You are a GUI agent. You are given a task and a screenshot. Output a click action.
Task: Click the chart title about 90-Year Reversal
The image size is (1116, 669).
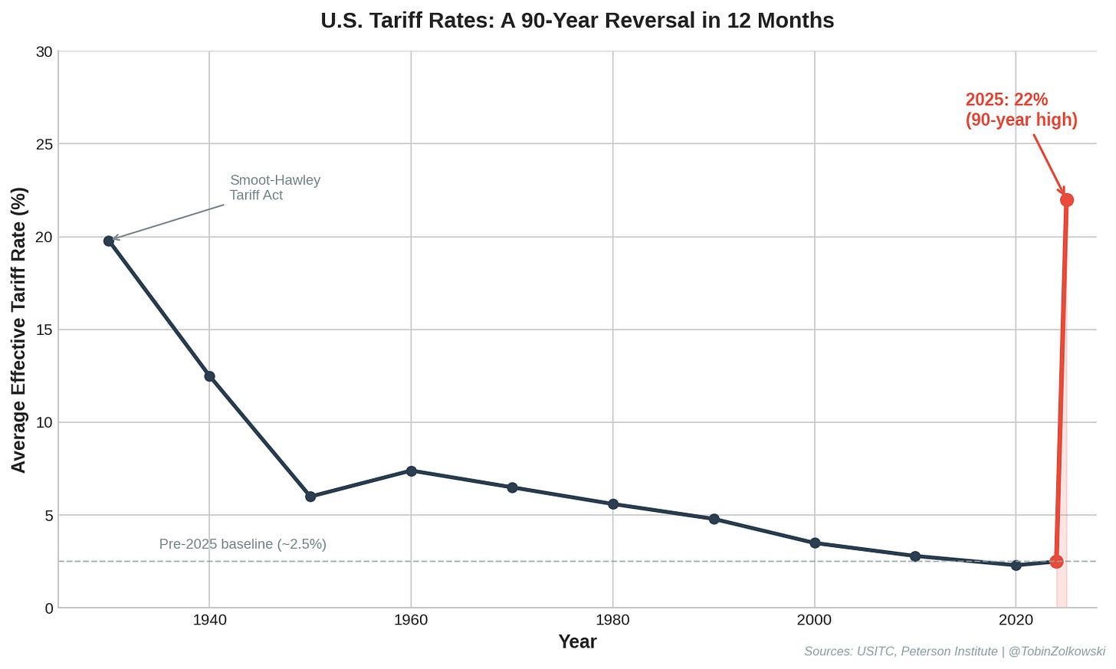coord(576,20)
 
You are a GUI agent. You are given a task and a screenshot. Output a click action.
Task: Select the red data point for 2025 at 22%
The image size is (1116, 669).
coord(1066,200)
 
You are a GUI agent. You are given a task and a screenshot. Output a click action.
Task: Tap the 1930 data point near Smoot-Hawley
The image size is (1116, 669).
coord(109,241)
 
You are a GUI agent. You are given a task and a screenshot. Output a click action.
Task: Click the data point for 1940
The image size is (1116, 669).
coord(209,376)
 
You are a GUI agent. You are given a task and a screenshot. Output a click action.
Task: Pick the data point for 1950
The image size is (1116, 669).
coord(310,497)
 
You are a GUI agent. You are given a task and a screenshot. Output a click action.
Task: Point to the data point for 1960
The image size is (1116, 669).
coord(411,471)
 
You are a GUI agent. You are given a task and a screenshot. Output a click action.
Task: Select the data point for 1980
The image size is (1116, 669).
coord(612,504)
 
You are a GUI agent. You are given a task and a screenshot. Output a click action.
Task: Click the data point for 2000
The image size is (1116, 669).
coord(815,543)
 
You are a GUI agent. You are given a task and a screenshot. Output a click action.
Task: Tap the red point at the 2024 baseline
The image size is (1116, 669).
coord(1056,562)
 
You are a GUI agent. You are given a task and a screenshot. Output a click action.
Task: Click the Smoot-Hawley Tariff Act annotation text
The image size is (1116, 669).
coord(274,188)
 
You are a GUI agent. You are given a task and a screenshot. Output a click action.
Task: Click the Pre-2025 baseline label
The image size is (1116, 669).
coord(242,544)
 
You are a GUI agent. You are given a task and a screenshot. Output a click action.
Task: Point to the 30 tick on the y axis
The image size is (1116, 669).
coord(44,51)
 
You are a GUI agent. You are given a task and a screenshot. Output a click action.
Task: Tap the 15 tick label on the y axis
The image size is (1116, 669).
coord(44,330)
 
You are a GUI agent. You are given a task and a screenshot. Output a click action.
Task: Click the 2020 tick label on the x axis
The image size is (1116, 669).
coord(1016,620)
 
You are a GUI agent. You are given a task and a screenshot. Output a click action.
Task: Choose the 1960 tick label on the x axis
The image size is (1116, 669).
coord(411,620)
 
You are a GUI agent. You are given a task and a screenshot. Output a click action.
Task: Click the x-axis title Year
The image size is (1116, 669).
coord(576,642)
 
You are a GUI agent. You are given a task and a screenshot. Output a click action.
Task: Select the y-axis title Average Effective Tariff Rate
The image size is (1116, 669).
coord(18,330)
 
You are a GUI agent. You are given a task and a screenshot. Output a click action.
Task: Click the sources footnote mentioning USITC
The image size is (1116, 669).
coord(954,651)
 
